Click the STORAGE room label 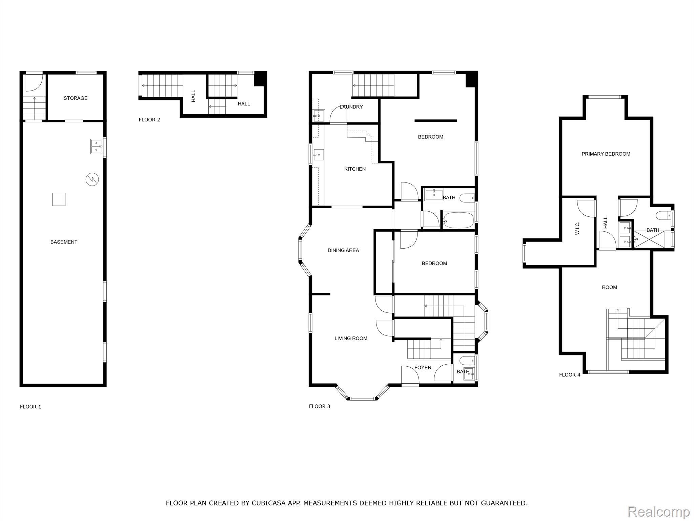pyautogui.click(x=76, y=98)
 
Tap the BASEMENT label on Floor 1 pyautogui.click(x=64, y=242)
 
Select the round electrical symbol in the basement pyautogui.click(x=92, y=179)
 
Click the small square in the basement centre pyautogui.click(x=59, y=199)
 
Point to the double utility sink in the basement pyautogui.click(x=97, y=146)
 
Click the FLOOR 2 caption pyautogui.click(x=149, y=120)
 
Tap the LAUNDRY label pyautogui.click(x=351, y=107)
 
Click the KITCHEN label pyautogui.click(x=355, y=169)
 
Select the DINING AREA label pyautogui.click(x=343, y=250)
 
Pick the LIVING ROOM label pyautogui.click(x=351, y=339)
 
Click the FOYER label pyautogui.click(x=423, y=368)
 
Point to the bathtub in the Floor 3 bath pyautogui.click(x=459, y=220)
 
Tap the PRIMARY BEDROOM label pyautogui.click(x=606, y=154)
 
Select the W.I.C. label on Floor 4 pyautogui.click(x=577, y=228)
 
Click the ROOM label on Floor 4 pyautogui.click(x=609, y=288)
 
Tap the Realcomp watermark pyautogui.click(x=658, y=512)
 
